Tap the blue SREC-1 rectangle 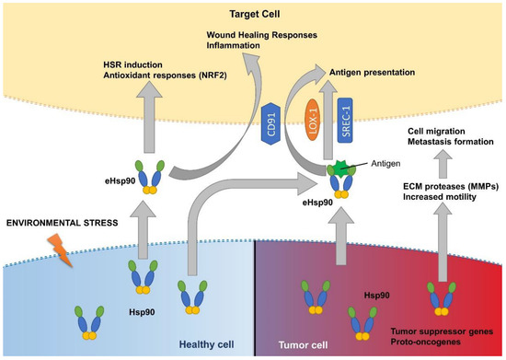[x=347, y=117]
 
